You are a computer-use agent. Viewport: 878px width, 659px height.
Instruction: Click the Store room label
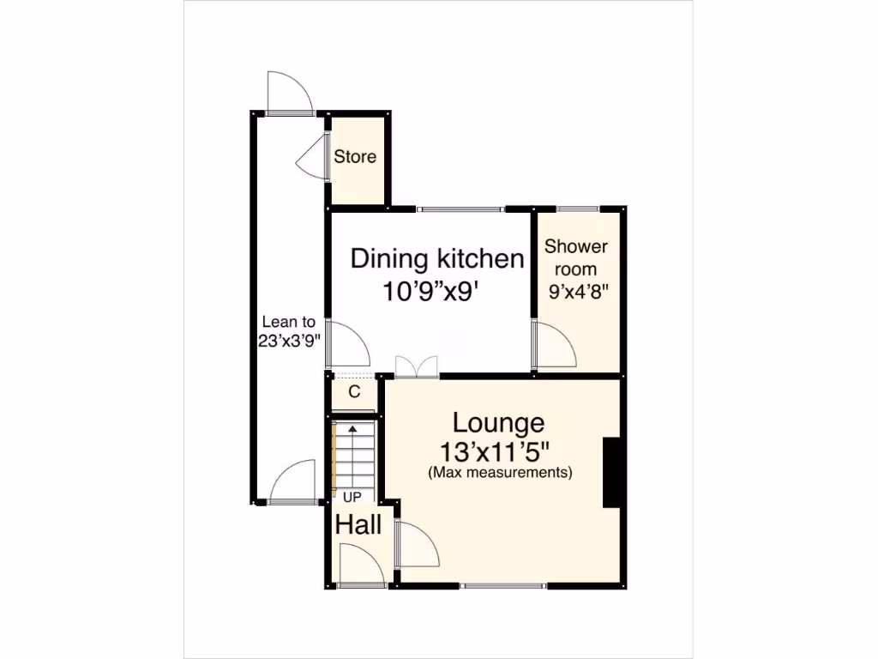pyautogui.click(x=355, y=157)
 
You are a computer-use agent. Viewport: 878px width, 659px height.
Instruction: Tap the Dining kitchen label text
pyautogui.click(x=437, y=258)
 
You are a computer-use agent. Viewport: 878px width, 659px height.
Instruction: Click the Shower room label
pyautogui.click(x=576, y=257)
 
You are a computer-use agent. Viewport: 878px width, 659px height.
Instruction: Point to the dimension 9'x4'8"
pyautogui.click(x=577, y=290)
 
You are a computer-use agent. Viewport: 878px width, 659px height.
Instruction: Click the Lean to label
pyautogui.click(x=288, y=323)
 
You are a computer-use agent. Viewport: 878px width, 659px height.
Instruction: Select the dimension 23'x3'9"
pyautogui.click(x=290, y=340)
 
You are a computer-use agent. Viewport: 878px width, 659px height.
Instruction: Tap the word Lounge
pyautogui.click(x=498, y=423)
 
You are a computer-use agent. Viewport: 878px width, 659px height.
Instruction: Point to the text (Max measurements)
pyautogui.click(x=500, y=472)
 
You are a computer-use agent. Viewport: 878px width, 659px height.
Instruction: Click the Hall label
pyautogui.click(x=358, y=525)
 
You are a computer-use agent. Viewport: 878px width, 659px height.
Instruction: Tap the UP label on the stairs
pyautogui.click(x=352, y=497)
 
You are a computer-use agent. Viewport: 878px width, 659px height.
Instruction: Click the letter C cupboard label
pyautogui.click(x=353, y=393)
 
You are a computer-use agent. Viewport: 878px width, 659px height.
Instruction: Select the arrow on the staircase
pyautogui.click(x=352, y=429)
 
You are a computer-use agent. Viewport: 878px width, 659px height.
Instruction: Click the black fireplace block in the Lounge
pyautogui.click(x=612, y=473)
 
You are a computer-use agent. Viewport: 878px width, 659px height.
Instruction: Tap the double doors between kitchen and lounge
pyautogui.click(x=417, y=366)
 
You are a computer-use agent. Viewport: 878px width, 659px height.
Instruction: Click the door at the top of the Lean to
pyautogui.click(x=289, y=93)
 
